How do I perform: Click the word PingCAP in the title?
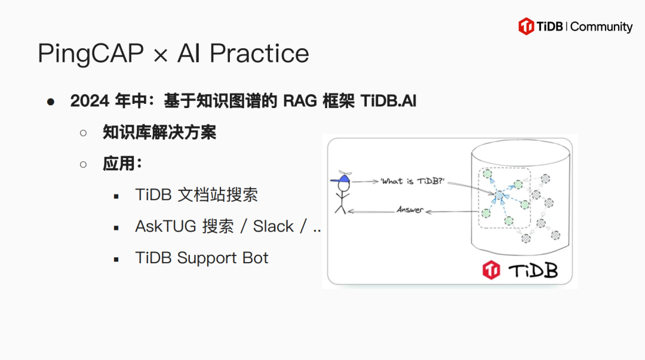coord(91,54)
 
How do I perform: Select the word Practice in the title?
coord(259,53)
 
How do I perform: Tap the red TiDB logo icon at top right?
coord(526,26)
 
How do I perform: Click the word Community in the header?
coord(601,27)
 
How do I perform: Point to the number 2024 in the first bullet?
coord(90,101)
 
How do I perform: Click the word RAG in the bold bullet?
coord(300,101)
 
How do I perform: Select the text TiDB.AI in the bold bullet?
coord(388,101)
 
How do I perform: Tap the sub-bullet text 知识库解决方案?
coord(159,133)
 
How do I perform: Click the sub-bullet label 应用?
coord(119,164)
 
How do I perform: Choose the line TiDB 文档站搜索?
coord(196,195)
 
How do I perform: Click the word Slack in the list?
coord(273,226)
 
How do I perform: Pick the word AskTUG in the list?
coord(166,226)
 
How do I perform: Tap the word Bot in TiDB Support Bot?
coord(256,258)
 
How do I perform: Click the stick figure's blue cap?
coord(340,179)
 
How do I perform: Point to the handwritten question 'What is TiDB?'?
coord(413,181)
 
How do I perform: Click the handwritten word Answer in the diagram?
coord(410,210)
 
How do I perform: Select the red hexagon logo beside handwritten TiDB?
coord(491,270)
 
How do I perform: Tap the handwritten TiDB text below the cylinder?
coord(533,270)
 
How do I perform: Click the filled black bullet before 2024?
coord(51,101)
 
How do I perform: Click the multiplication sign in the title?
coord(161,56)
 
